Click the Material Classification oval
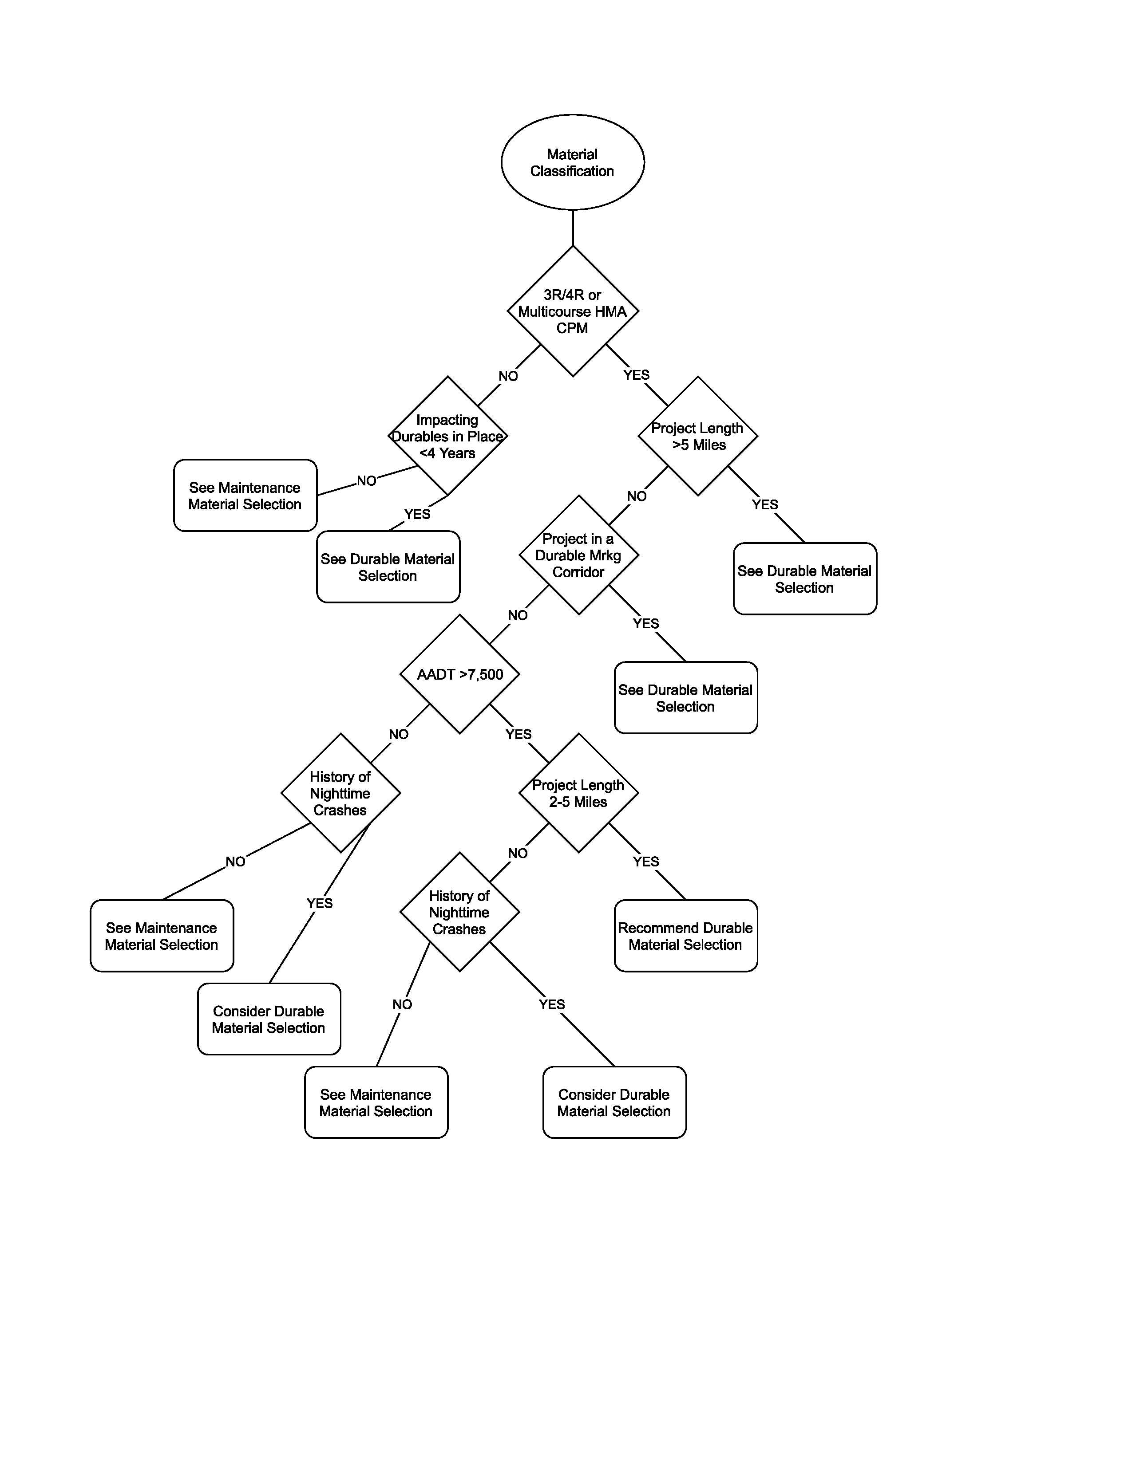[572, 162]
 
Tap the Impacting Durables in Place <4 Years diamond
[447, 437]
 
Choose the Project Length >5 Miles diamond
[697, 437]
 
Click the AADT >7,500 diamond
[459, 674]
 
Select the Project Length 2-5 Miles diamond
[578, 793]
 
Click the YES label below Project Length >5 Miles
[764, 505]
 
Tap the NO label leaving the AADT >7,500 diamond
[398, 735]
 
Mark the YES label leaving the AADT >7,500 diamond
[519, 735]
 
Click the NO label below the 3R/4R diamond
[508, 376]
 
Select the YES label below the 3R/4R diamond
[637, 375]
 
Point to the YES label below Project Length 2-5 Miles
[646, 862]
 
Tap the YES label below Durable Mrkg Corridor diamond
[646, 624]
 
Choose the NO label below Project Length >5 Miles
[637, 497]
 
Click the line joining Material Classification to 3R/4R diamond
[573, 228]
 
